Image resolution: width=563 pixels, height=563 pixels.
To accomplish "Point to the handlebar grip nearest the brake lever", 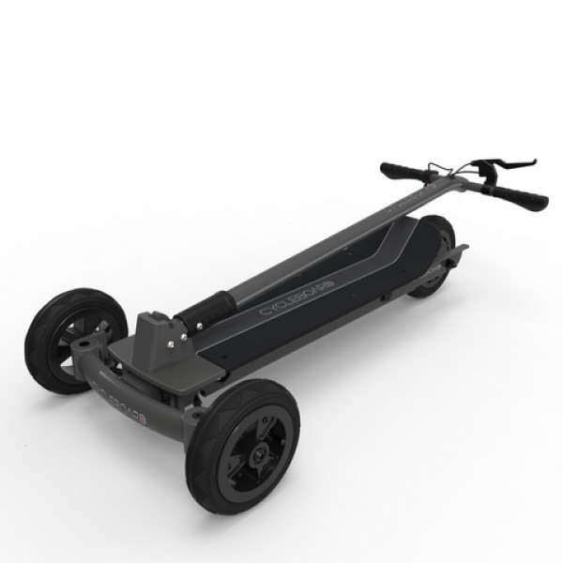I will pos(519,195).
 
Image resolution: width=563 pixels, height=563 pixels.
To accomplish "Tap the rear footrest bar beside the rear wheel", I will pos(459,253).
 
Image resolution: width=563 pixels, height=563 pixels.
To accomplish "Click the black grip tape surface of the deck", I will pos(357,281).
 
